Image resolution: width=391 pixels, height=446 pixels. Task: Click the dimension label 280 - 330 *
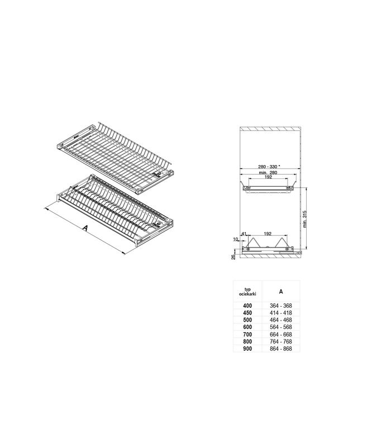pos(269,167)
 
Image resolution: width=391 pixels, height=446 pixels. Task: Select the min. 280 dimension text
pos(268,173)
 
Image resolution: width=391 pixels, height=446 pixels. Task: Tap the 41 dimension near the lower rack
pos(245,234)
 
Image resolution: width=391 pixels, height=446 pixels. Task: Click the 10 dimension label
pos(236,239)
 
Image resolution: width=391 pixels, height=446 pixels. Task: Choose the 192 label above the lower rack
pos(267,234)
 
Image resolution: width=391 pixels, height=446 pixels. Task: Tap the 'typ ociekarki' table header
pos(247,291)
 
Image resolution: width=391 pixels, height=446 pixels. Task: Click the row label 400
pos(247,306)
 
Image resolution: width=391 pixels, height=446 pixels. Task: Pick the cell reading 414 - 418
pos(280,313)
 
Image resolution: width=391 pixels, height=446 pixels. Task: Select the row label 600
pos(247,327)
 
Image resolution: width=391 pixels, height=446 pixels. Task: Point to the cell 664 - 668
pos(280,334)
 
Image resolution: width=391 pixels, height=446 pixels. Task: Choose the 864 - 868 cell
pos(280,349)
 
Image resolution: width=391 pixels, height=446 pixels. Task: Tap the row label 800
pos(247,342)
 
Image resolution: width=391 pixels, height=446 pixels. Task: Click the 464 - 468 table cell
pos(280,320)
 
